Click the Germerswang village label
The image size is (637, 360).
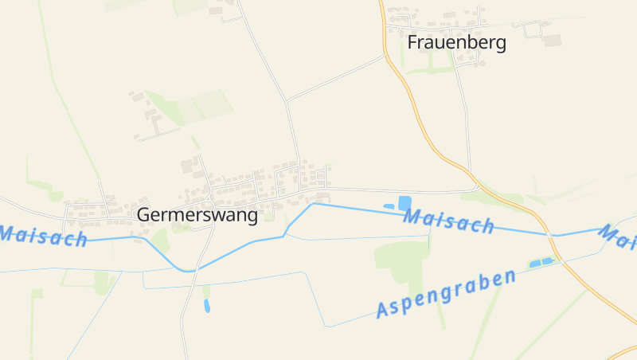pyautogui.click(x=197, y=214)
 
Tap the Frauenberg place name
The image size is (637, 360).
pyautogui.click(x=456, y=43)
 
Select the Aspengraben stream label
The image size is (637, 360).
pyautogui.click(x=446, y=293)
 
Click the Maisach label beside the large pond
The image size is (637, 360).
pyautogui.click(x=448, y=221)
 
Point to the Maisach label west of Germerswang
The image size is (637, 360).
pyautogui.click(x=41, y=236)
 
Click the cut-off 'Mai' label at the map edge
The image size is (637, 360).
pyautogui.click(x=618, y=234)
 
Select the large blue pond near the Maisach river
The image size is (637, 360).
pyautogui.click(x=404, y=202)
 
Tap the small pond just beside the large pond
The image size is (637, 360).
pyautogui.click(x=389, y=206)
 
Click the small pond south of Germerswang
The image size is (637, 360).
pyautogui.click(x=207, y=305)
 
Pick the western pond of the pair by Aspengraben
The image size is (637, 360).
pyautogui.click(x=535, y=263)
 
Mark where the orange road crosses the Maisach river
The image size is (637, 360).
pyautogui.click(x=548, y=234)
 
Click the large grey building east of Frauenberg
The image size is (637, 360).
pyautogui.click(x=553, y=40)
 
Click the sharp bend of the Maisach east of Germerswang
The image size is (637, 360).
pyautogui.click(x=313, y=203)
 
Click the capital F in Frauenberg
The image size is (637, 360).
pyautogui.click(x=412, y=43)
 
